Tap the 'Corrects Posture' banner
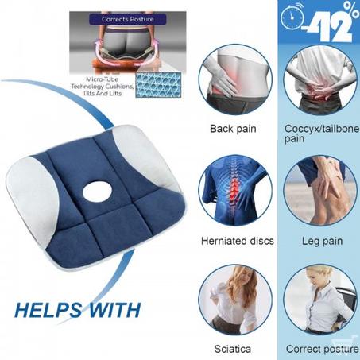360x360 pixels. point(128,19)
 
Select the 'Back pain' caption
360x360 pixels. point(233,129)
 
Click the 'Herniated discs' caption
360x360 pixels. point(238,241)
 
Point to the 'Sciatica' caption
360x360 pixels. point(232,349)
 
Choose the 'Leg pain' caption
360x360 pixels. point(323,242)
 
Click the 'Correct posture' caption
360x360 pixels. point(323,349)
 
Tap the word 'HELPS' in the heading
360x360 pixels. point(48,310)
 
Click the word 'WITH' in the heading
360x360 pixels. point(114,310)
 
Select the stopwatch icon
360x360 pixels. point(292,17)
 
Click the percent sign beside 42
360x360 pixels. point(351,10)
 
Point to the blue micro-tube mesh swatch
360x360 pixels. point(158,85)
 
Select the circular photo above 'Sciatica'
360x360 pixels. point(235,300)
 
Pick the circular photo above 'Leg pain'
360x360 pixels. point(320,191)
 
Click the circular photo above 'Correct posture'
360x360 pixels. point(320,300)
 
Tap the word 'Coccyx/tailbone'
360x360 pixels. point(322,129)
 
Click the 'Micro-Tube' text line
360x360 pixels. point(103,79)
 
